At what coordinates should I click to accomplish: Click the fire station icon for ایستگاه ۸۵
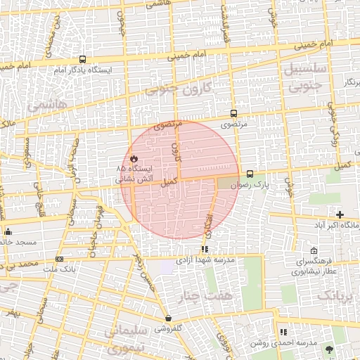click(x=134, y=158)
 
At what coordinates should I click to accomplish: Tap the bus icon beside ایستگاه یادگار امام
click(x=83, y=60)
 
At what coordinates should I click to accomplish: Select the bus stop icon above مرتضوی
click(x=233, y=112)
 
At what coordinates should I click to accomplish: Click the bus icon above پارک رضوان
click(x=250, y=174)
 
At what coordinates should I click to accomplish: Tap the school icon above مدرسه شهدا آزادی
click(x=205, y=248)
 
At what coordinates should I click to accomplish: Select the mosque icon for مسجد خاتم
click(x=8, y=231)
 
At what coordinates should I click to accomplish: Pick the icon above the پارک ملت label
click(x=59, y=259)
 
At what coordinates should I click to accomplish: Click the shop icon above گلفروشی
click(x=168, y=318)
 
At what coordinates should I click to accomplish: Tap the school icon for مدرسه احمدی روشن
click(x=283, y=332)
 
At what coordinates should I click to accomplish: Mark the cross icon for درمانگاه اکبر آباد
click(x=340, y=214)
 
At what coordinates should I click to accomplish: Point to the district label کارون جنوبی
click(x=179, y=90)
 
